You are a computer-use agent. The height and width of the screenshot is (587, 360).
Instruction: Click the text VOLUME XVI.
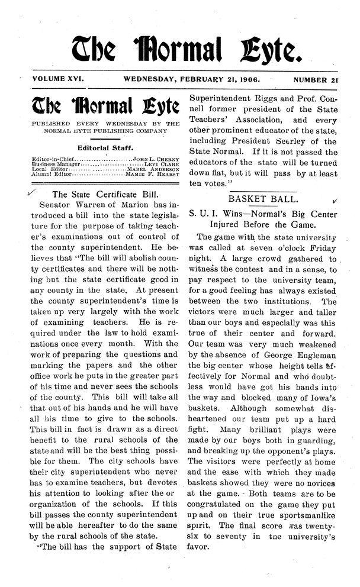pyautogui.click(x=56, y=78)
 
